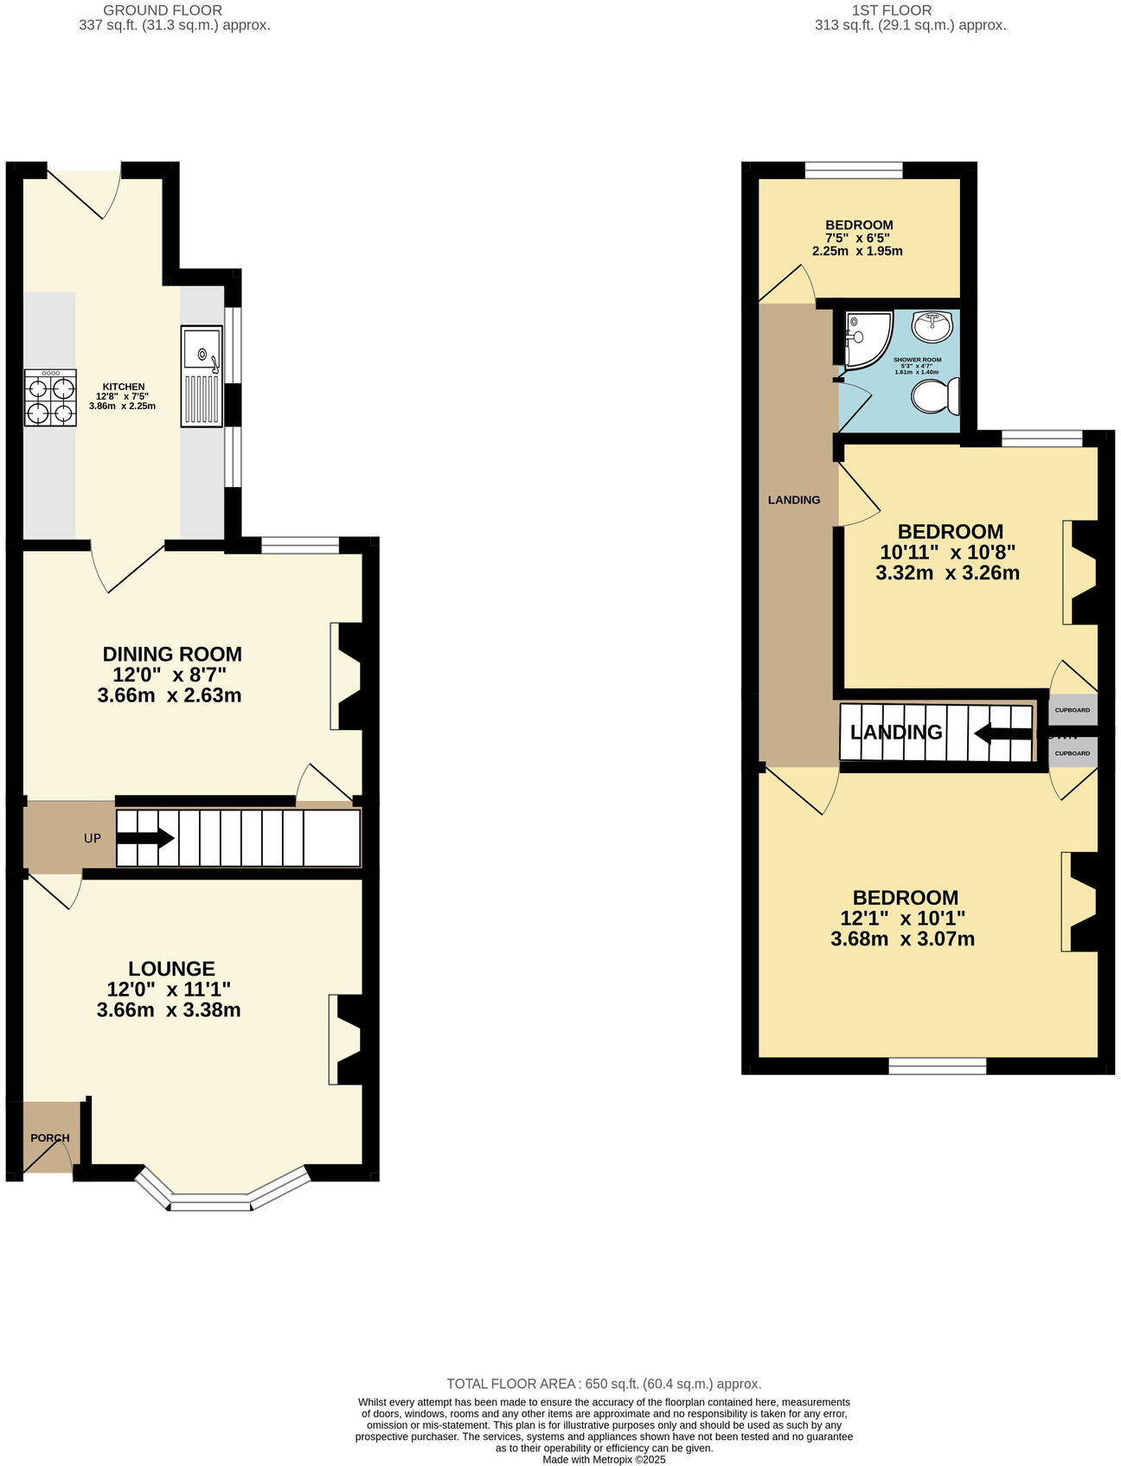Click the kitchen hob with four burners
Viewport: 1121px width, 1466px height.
(49, 399)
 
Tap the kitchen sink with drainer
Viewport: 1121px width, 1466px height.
(202, 376)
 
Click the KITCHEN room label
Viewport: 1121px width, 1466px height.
(124, 387)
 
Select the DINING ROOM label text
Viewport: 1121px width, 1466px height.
(172, 654)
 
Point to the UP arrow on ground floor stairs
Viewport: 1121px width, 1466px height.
(145, 838)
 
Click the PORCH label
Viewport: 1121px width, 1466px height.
(49, 1137)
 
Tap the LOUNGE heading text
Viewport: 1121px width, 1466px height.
(171, 969)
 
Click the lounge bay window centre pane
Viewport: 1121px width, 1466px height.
(210, 1201)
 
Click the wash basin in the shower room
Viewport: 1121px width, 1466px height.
(933, 326)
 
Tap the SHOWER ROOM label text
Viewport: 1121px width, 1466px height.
(917, 360)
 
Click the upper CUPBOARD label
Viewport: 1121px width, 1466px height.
(1073, 710)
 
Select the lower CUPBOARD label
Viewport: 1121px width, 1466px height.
(1073, 753)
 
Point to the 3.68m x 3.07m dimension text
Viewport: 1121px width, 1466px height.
(902, 939)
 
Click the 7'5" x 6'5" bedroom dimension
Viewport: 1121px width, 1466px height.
(857, 238)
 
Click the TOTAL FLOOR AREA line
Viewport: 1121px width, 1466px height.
(603, 1384)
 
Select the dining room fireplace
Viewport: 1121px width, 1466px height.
(350, 675)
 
